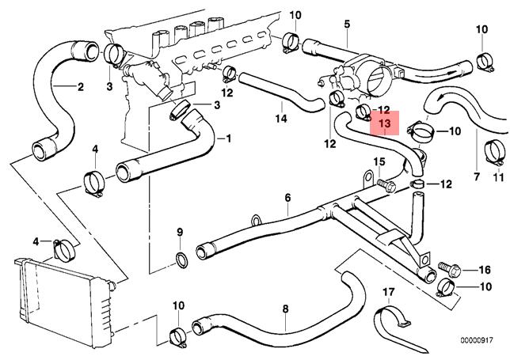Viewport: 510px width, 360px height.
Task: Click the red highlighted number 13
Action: coord(384,124)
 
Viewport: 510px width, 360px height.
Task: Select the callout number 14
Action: coord(280,119)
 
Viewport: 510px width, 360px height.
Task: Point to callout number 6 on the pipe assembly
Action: coord(288,197)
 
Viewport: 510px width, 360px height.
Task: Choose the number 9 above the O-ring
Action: coord(179,232)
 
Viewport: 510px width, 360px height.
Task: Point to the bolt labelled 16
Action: coord(445,269)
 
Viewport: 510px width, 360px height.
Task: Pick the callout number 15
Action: coord(379,162)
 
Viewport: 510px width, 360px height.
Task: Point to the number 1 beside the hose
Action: coord(229,138)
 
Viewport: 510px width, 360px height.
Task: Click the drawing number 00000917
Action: coord(481,341)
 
